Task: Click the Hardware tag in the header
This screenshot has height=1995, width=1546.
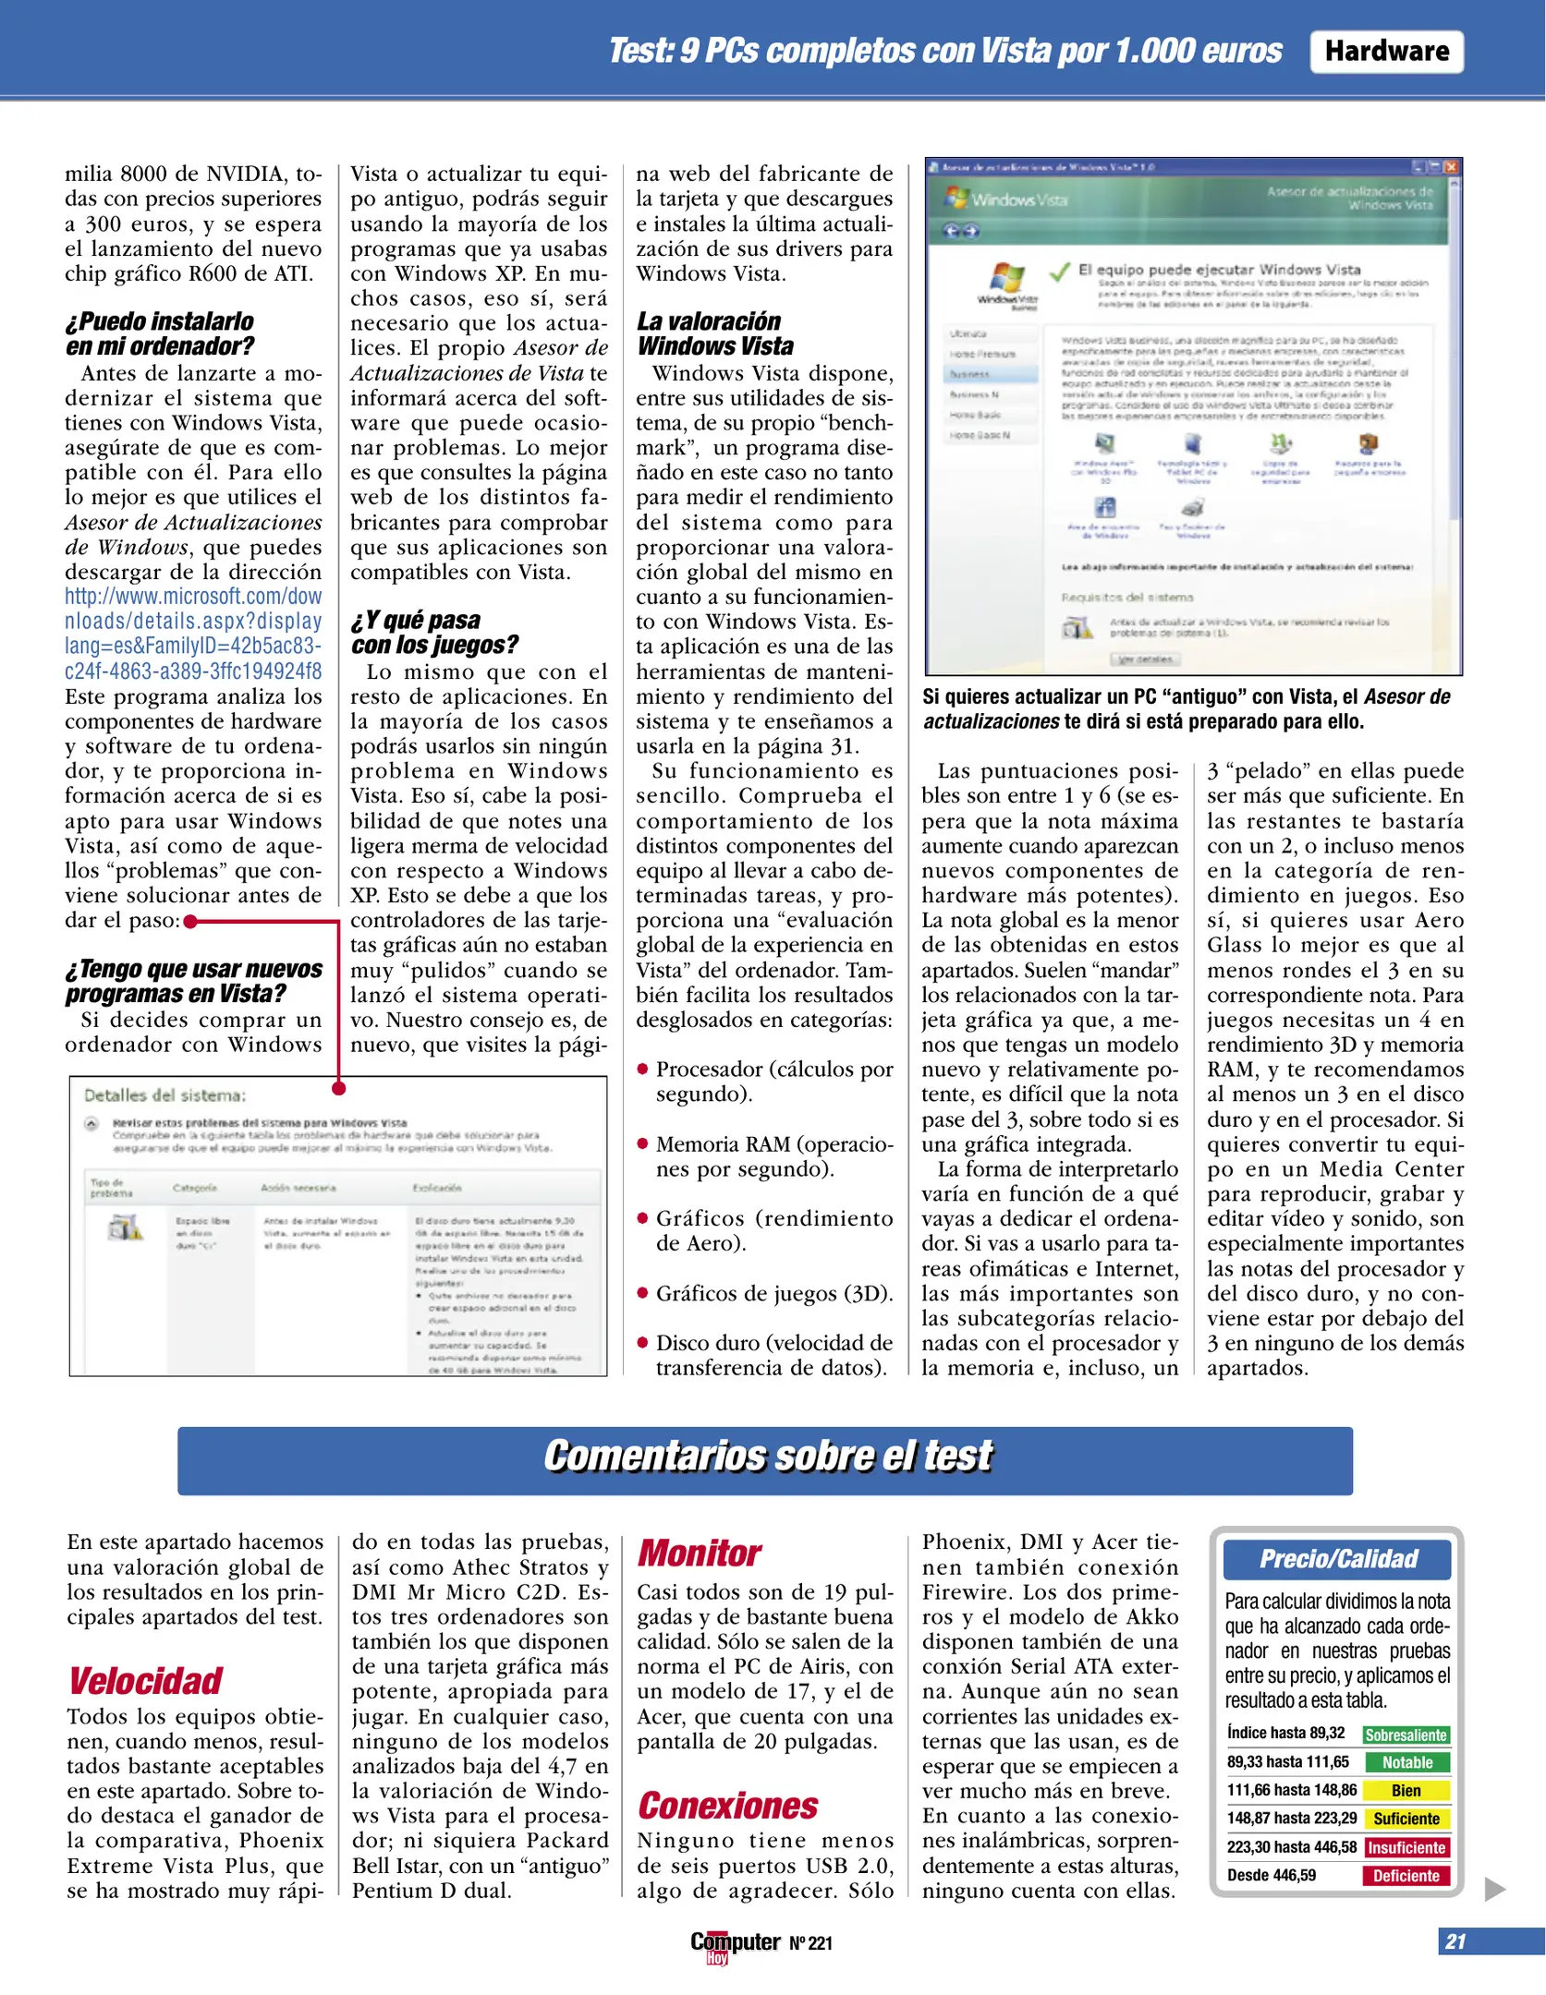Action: tap(1386, 51)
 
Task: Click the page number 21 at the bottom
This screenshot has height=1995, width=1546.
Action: tap(1455, 1941)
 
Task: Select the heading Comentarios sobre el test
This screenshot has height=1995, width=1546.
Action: tap(766, 1457)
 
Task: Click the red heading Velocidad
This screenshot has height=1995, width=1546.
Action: tap(146, 1681)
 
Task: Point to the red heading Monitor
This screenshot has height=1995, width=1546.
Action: tap(700, 1554)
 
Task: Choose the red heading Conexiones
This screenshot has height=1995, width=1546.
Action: tap(728, 1806)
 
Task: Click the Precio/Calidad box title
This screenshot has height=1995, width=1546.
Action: tap(1337, 1559)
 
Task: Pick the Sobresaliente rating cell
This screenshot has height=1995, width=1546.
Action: tap(1406, 1735)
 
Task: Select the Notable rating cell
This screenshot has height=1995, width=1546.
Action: tap(1406, 1762)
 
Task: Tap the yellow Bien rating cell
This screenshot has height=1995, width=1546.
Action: tap(1406, 1791)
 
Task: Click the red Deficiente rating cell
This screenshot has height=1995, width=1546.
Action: tap(1406, 1876)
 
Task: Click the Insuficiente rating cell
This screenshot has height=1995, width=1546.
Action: tap(1406, 1847)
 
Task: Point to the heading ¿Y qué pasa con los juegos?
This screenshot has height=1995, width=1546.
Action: tap(434, 633)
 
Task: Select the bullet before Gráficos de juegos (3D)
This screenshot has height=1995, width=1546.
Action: tap(642, 1293)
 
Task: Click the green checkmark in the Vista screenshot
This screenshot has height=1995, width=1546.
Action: tap(1060, 271)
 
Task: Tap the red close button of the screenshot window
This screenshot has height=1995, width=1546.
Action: tap(1451, 167)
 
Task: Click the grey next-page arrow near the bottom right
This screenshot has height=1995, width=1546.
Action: tap(1494, 1889)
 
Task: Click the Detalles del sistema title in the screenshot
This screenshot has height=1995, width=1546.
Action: tap(165, 1096)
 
